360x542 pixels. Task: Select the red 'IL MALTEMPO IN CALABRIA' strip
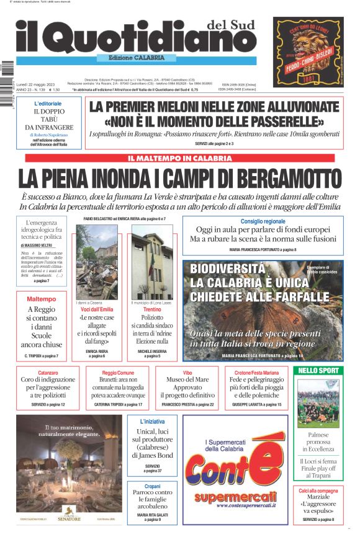click(x=179, y=159)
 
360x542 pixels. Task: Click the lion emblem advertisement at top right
click(x=308, y=52)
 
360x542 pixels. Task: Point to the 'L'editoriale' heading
click(x=48, y=103)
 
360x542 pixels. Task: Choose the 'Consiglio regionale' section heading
click(x=263, y=221)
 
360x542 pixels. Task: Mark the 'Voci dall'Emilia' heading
click(x=97, y=309)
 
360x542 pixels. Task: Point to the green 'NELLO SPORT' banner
click(x=318, y=371)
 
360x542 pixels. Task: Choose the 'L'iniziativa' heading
click(x=152, y=421)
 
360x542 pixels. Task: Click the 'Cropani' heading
click(x=152, y=487)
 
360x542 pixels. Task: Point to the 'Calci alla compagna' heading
click(x=318, y=491)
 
